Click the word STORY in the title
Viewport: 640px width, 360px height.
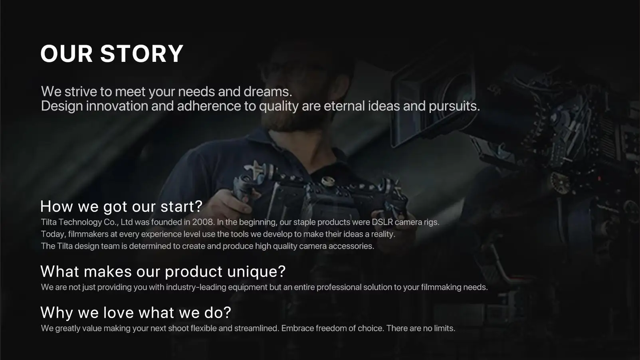(x=141, y=53)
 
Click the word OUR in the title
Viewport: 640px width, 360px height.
(x=67, y=53)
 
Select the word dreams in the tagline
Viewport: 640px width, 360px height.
(x=268, y=91)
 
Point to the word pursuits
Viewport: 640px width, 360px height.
(x=454, y=106)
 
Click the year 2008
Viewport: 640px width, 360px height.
(x=203, y=222)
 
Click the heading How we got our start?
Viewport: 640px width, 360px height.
(x=121, y=206)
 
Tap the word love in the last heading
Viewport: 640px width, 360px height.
(x=119, y=312)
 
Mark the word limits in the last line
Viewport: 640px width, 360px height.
(x=445, y=328)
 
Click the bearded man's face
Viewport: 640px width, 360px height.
(x=300, y=94)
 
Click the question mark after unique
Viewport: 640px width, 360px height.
(x=281, y=271)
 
